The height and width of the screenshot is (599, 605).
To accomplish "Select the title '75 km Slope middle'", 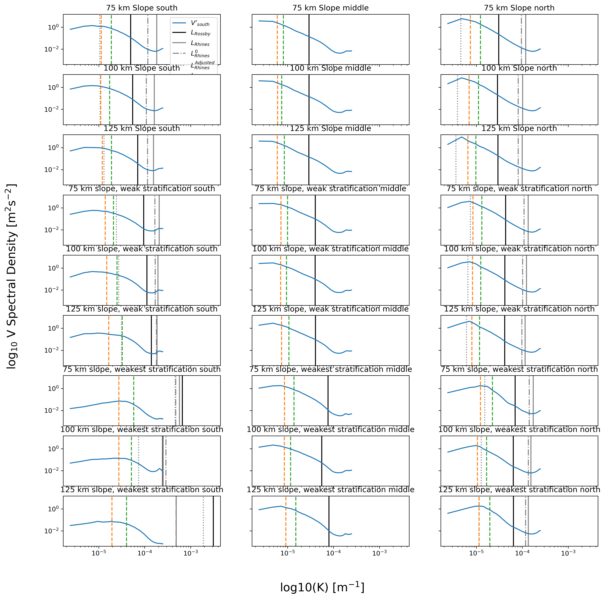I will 330,8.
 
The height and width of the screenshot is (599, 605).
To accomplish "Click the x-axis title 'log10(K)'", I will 322,587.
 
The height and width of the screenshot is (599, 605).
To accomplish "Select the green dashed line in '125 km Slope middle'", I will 284,160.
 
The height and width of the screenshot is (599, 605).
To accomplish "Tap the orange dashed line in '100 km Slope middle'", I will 277,100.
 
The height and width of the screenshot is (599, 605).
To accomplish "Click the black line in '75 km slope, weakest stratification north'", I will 515,401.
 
